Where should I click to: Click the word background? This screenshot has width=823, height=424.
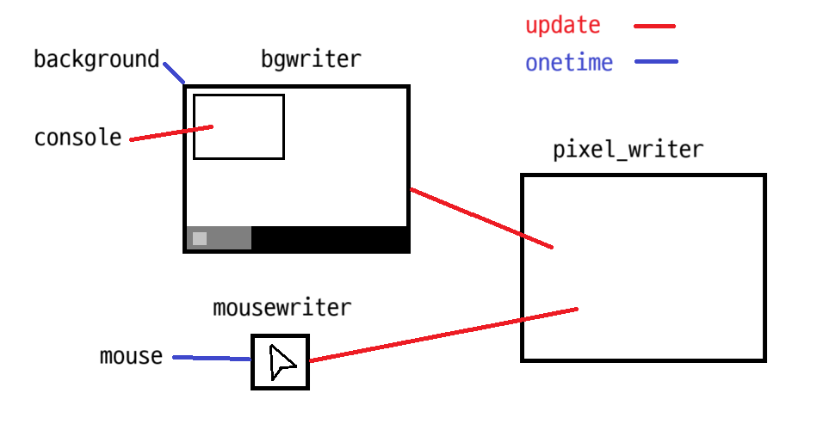(96, 60)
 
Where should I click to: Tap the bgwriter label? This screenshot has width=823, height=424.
(311, 60)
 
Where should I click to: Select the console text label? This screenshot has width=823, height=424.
(77, 138)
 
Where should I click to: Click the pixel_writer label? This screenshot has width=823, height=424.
(628, 150)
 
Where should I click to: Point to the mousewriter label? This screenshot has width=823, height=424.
(282, 307)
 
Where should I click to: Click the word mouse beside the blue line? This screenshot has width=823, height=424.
(131, 356)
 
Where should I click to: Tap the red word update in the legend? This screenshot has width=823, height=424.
(562, 26)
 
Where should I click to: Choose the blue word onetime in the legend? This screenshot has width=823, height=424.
(569, 63)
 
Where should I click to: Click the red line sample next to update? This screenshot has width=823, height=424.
(654, 27)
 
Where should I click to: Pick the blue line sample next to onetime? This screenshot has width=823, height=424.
(656, 62)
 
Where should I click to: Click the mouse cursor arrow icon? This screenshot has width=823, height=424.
(281, 362)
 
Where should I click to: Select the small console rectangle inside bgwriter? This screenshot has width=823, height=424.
(238, 126)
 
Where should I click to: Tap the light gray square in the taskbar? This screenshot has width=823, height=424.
(200, 238)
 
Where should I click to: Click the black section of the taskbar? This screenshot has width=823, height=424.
(329, 238)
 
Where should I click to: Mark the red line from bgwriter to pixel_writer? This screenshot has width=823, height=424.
(480, 218)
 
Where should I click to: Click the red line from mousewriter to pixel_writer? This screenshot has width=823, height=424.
(442, 334)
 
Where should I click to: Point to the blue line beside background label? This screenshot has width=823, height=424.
(173, 72)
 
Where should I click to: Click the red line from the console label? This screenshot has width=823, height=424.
(170, 133)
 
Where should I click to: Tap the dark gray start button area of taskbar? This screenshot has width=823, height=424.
(228, 238)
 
